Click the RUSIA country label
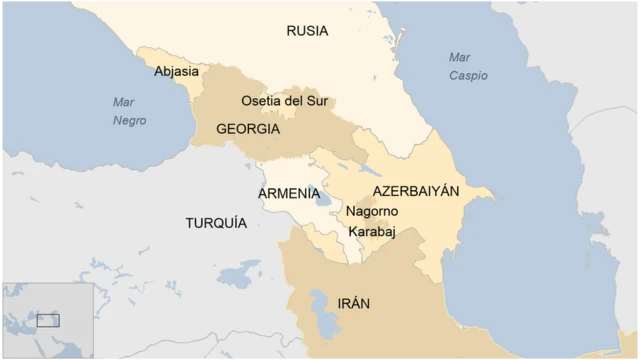[307, 31]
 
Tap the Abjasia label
[176, 72]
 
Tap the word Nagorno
[372, 212]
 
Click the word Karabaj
[372, 232]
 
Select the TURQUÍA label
[215, 223]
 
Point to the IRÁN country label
[355, 303]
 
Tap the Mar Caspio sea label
[468, 66]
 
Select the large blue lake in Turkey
[238, 273]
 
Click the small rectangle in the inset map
[48, 321]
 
